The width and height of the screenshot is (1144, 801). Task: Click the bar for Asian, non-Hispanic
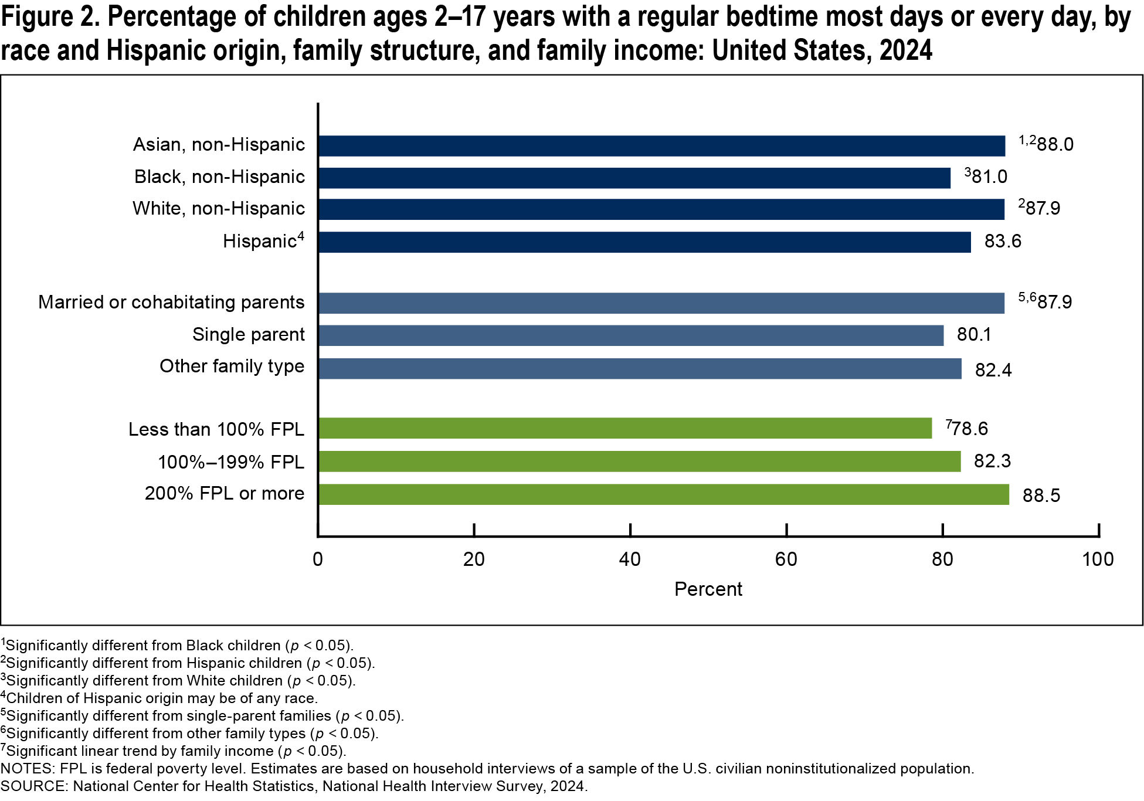pos(661,146)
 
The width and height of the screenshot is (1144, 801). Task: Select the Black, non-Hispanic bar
pos(634,178)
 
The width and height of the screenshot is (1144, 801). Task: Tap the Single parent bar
pos(631,335)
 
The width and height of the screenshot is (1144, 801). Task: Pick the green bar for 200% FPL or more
pos(663,494)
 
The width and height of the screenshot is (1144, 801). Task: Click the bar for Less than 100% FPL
pos(624,428)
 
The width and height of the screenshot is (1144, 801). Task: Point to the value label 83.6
pos(1003,241)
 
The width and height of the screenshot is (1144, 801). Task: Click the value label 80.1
pos(973,334)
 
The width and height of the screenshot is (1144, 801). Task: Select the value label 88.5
pos(1041,495)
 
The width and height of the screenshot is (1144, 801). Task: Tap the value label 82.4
pos(993,370)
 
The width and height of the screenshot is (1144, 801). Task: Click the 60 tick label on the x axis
pos(786,559)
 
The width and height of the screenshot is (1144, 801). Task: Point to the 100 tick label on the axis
pos(1098,559)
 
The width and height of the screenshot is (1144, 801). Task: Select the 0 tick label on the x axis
pos(318,559)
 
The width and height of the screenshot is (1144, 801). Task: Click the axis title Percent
pos(708,589)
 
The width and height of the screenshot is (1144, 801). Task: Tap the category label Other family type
pos(232,366)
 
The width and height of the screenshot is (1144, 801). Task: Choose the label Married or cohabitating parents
pos(171,302)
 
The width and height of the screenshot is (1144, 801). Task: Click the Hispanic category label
pos(260,241)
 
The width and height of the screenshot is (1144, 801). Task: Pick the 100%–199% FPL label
pos(231,462)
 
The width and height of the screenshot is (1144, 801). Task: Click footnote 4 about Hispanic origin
pos(159,698)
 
